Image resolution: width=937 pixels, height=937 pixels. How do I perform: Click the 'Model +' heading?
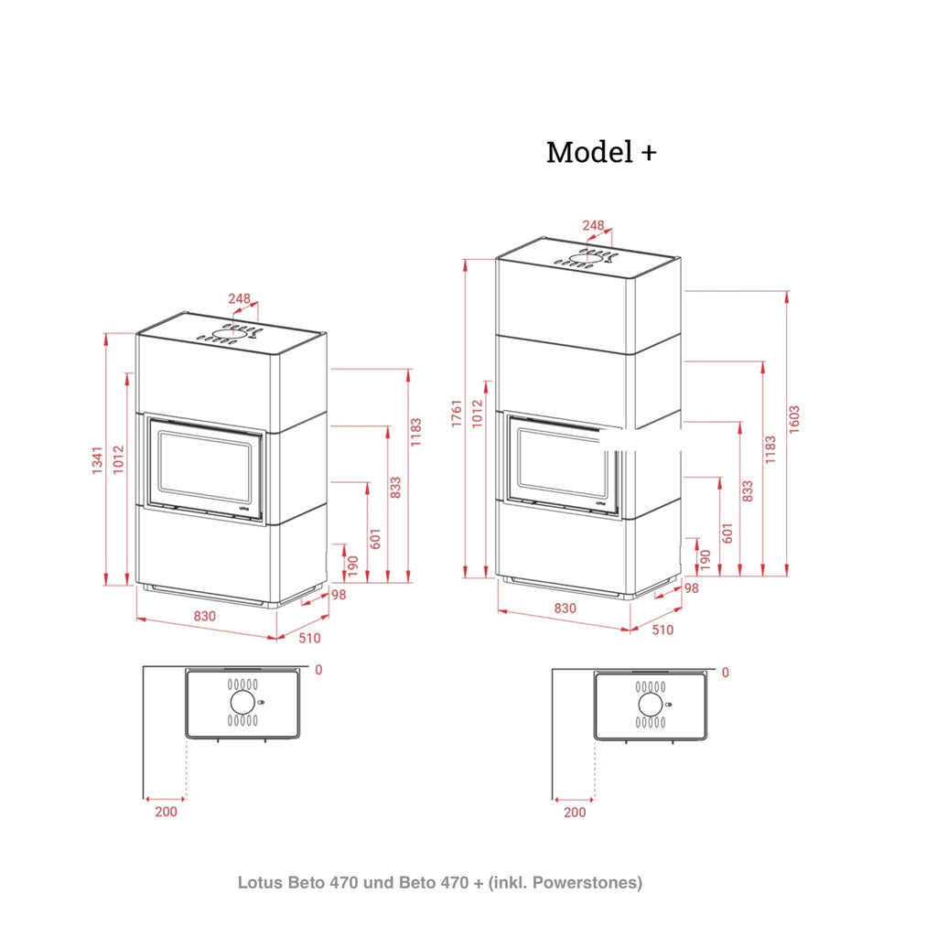(x=601, y=152)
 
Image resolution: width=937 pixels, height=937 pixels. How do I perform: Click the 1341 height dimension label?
(x=97, y=460)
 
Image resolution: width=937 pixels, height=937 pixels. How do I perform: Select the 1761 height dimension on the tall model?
(x=458, y=414)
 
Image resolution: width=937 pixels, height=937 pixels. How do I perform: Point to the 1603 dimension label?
(x=793, y=419)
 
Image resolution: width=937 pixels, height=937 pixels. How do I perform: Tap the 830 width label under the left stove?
(x=204, y=616)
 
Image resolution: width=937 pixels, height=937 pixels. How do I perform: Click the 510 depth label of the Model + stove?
(x=662, y=630)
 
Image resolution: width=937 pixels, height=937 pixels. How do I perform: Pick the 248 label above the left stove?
(x=239, y=298)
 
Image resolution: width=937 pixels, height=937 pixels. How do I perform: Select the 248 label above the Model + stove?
(x=593, y=225)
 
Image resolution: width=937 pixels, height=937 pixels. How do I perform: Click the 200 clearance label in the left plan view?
(x=167, y=812)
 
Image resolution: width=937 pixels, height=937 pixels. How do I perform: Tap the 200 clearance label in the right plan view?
(x=575, y=813)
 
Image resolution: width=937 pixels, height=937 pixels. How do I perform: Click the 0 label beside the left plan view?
(x=318, y=670)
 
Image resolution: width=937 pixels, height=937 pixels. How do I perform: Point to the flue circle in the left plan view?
(x=242, y=702)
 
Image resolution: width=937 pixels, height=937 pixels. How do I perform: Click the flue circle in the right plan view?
(x=651, y=705)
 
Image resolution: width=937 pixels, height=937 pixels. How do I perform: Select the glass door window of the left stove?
(x=205, y=468)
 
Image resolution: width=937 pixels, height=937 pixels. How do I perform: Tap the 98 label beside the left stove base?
(x=339, y=595)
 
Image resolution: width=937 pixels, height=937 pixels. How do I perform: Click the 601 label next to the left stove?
(x=374, y=539)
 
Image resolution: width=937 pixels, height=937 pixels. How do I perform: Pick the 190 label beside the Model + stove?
(x=705, y=560)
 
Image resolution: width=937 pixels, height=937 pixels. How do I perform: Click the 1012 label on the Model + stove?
(x=477, y=414)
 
